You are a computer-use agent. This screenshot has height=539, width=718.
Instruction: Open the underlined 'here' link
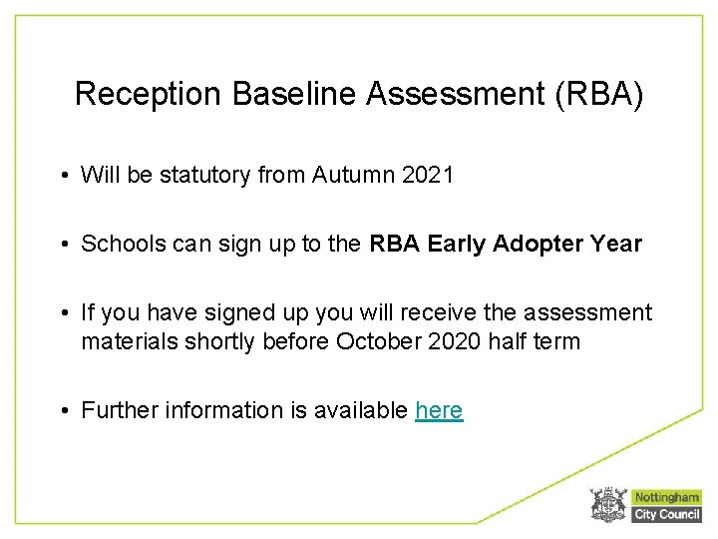coord(439,410)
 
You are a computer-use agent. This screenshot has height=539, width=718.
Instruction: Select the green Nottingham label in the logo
coord(667,497)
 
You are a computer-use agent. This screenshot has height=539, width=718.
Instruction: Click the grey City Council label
coord(667,514)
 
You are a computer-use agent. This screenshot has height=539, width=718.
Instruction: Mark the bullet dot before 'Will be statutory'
coord(63,177)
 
